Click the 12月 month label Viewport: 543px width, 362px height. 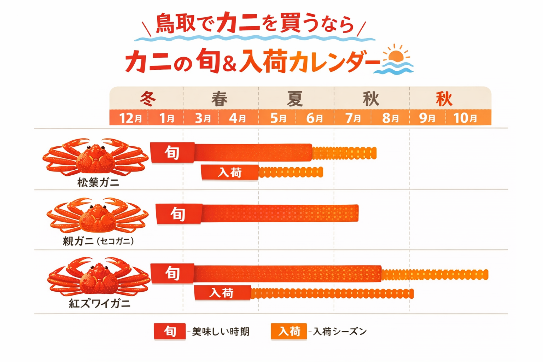click(x=130, y=118)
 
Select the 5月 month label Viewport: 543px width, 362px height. click(x=278, y=118)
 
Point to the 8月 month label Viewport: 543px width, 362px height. click(x=390, y=118)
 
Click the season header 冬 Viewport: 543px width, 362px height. click(x=148, y=99)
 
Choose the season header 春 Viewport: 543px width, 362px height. click(x=220, y=99)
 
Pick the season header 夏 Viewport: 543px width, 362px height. click(x=295, y=99)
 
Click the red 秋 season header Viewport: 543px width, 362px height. click(x=444, y=99)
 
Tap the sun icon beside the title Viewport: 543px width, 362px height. click(x=396, y=55)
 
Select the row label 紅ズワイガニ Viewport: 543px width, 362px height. click(x=99, y=304)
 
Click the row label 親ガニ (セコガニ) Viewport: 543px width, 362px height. click(x=98, y=241)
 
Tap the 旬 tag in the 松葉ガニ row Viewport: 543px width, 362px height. click(x=173, y=153)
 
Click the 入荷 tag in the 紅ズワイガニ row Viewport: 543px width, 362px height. click(x=222, y=293)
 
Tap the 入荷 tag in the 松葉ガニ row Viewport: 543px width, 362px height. click(x=230, y=173)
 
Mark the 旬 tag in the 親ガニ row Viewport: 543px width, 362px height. click(x=179, y=214)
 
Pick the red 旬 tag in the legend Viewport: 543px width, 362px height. click(x=170, y=332)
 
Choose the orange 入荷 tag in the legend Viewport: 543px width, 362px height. click(x=289, y=332)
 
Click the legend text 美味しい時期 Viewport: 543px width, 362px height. click(x=221, y=332)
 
